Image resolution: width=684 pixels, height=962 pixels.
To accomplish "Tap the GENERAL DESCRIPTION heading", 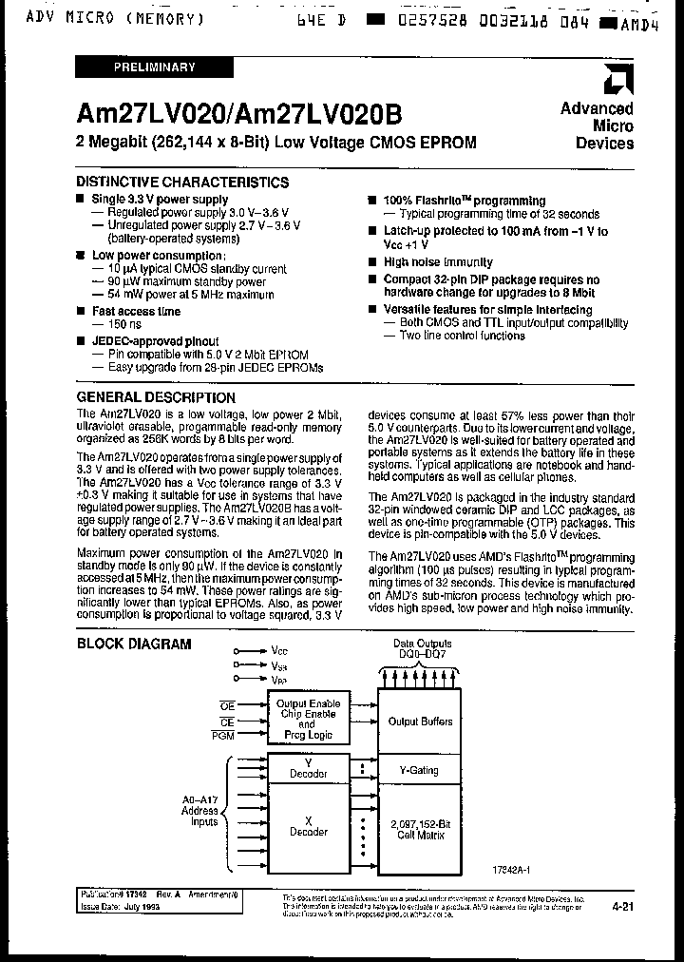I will [156, 397].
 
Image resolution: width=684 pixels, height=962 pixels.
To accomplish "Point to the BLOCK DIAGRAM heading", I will [134, 644].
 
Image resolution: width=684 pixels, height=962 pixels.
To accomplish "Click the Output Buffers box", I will [422, 721].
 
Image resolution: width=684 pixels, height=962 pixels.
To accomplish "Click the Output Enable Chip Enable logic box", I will [307, 720].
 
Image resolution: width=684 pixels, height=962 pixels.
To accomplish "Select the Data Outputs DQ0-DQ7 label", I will [422, 649].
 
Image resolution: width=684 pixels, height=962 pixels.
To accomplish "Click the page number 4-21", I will [624, 909].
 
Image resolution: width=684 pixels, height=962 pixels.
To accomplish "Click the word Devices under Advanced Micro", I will [604, 143].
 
